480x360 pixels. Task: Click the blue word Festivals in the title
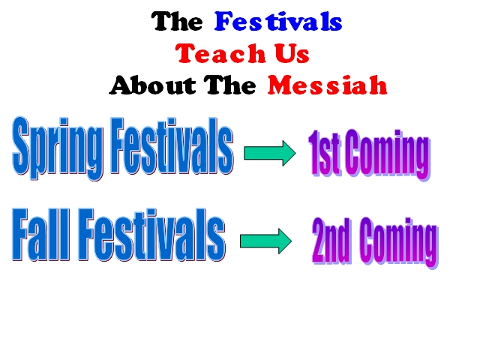click(x=278, y=22)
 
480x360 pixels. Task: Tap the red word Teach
click(x=220, y=53)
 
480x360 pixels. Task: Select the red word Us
click(x=292, y=53)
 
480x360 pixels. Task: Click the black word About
click(x=152, y=85)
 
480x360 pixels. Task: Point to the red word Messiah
click(x=328, y=85)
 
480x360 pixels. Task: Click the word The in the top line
click(x=177, y=22)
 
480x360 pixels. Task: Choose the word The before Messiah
click(x=230, y=85)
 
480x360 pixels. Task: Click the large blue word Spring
click(x=58, y=148)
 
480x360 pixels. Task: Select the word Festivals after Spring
click(x=172, y=145)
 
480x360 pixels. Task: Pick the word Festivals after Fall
click(x=151, y=235)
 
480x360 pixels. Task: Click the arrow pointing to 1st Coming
click(x=270, y=153)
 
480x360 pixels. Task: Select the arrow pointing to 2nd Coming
click(x=265, y=241)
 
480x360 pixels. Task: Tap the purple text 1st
click(x=324, y=154)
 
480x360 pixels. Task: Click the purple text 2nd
click(x=331, y=241)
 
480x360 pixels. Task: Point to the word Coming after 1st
click(x=388, y=155)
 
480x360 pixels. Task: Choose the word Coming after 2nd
click(x=399, y=243)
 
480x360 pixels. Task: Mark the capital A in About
click(x=121, y=85)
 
